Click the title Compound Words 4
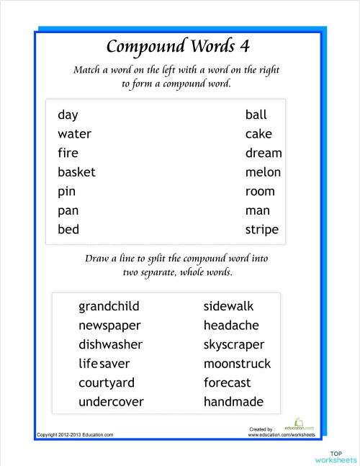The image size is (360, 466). (x=178, y=46)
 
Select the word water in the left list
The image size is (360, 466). (x=74, y=134)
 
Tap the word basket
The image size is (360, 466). (x=76, y=172)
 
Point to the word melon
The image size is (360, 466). (x=263, y=172)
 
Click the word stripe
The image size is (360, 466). (x=261, y=230)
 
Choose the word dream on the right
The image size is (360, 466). (x=264, y=153)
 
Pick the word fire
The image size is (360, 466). (x=68, y=153)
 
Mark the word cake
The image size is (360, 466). (x=258, y=134)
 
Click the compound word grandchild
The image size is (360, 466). (x=109, y=306)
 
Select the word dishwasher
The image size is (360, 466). (x=110, y=344)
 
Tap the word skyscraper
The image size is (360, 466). (x=234, y=344)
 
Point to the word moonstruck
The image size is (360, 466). (x=237, y=364)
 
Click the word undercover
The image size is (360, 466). (x=111, y=402)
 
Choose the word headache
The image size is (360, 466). (x=231, y=326)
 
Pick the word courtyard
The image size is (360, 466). (x=107, y=382)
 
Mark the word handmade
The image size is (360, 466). (x=233, y=402)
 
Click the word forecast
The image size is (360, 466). (x=228, y=382)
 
